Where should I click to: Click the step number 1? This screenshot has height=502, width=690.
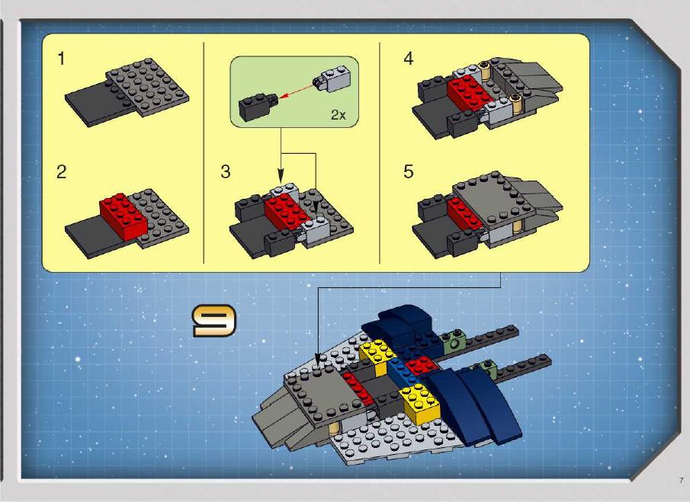61,59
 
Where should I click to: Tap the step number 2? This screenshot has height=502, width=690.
62,171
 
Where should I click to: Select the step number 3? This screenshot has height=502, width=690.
226,171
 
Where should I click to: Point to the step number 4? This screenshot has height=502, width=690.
409,59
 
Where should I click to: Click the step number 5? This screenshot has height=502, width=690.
409,171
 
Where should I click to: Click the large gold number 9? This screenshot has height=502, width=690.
214,321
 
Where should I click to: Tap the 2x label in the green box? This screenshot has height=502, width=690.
339,115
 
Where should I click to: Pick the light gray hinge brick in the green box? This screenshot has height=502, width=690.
332,78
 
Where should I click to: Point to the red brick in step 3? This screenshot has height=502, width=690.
287,213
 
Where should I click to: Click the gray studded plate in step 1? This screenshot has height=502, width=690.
147,87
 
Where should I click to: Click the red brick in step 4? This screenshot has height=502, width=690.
469,92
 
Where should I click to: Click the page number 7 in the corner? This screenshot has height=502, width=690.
681,480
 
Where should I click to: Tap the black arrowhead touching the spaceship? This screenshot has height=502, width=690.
319,360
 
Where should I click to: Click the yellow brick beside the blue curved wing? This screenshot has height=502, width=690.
419,403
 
